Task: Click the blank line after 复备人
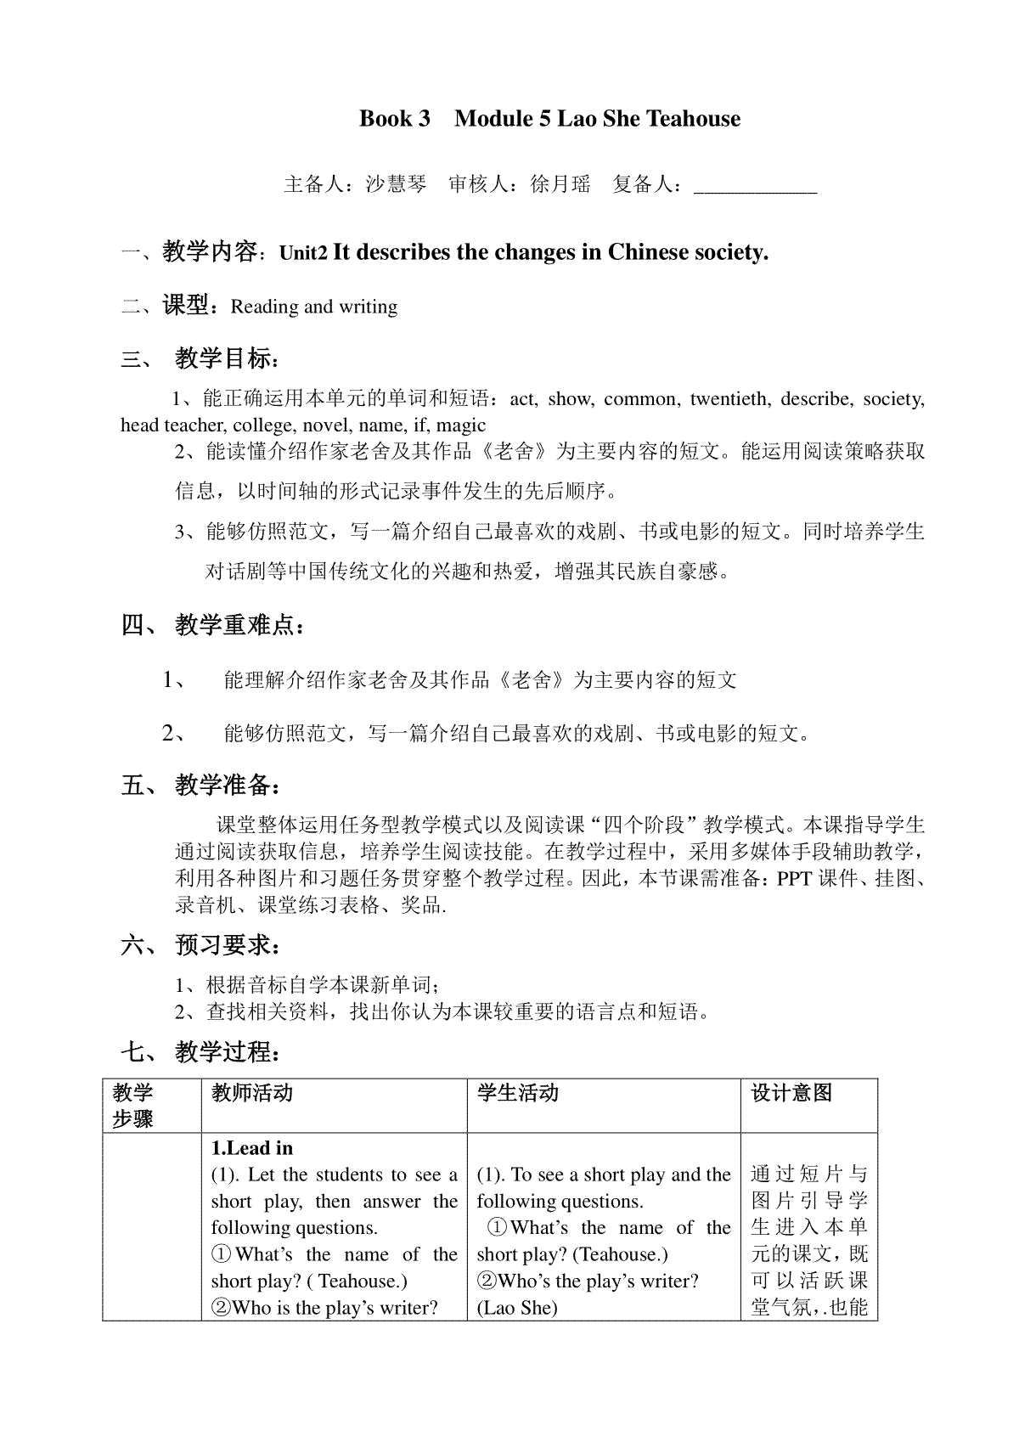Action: tap(755, 185)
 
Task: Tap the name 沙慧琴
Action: tap(396, 184)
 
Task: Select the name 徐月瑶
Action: tap(560, 184)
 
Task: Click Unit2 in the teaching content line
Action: tap(303, 253)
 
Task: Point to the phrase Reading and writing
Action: tap(314, 307)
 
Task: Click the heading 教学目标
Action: tap(224, 358)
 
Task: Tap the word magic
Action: tap(461, 425)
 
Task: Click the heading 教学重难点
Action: tap(238, 626)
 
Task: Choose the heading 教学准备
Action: tap(224, 785)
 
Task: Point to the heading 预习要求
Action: tap(224, 945)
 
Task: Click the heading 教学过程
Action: tap(224, 1053)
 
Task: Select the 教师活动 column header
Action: tap(252, 1093)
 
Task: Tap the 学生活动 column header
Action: tap(517, 1093)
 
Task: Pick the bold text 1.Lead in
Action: tap(252, 1148)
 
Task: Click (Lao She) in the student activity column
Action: tap(517, 1308)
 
